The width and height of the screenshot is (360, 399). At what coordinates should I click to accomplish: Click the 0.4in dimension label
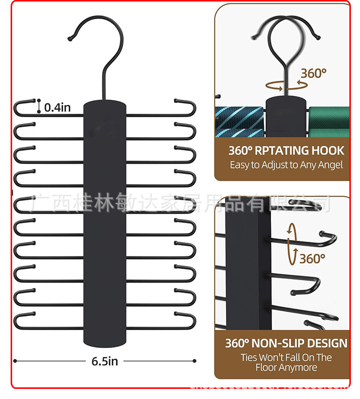pyautogui.click(x=57, y=107)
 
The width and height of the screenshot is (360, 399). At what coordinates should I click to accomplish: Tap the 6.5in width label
pyautogui.click(x=105, y=361)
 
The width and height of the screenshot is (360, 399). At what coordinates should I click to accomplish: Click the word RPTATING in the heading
pyautogui.click(x=278, y=151)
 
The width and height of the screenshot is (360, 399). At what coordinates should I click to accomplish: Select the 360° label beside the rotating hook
pyautogui.click(x=313, y=73)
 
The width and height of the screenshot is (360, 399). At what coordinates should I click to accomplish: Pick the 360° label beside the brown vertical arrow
pyautogui.click(x=311, y=259)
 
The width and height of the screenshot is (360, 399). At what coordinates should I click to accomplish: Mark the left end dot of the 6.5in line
pyautogui.click(x=15, y=361)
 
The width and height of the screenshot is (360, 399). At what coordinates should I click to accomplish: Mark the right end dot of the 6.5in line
pyautogui.click(x=195, y=361)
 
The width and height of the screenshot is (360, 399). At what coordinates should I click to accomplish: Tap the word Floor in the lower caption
pyautogui.click(x=268, y=368)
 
